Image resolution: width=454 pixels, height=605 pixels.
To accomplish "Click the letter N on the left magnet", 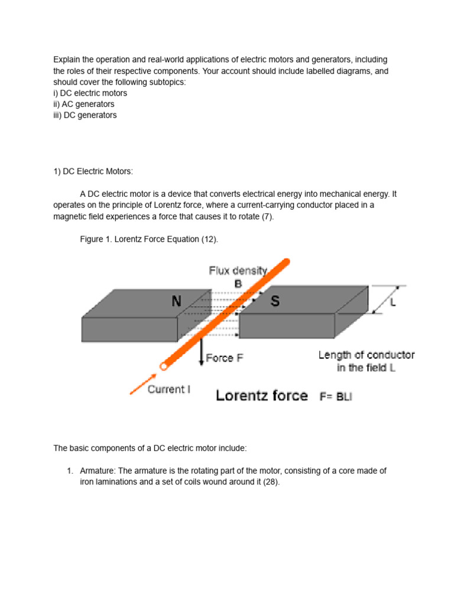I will tap(176, 301).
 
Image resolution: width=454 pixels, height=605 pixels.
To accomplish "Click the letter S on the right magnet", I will tap(275, 301).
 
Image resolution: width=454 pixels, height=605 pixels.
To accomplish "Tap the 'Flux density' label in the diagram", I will tap(238, 271).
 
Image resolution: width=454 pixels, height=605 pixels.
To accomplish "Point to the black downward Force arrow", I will tap(202, 353).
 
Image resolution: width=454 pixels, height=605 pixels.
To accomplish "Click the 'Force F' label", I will tap(224, 358).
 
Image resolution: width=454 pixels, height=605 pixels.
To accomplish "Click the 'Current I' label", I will tap(168, 389).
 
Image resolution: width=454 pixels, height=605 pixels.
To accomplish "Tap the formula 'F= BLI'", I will tap(336, 396).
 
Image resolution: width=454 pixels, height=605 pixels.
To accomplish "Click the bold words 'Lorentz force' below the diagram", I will tap(262, 396).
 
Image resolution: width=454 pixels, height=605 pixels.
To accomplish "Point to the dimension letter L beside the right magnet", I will tap(393, 302).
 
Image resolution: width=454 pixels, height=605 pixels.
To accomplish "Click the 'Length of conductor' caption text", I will tap(367, 355).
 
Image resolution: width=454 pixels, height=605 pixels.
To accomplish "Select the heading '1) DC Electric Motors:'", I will tap(93, 171).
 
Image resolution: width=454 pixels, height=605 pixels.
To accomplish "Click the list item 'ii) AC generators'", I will tap(84, 104).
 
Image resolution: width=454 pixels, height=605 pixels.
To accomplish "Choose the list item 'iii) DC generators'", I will tap(85, 115).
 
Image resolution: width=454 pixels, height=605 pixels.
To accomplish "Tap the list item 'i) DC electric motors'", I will tap(90, 93).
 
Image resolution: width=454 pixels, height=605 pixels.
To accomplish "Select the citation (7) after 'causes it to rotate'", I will tap(267, 216).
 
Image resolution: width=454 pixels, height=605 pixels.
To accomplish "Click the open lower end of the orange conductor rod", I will tap(163, 367).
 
